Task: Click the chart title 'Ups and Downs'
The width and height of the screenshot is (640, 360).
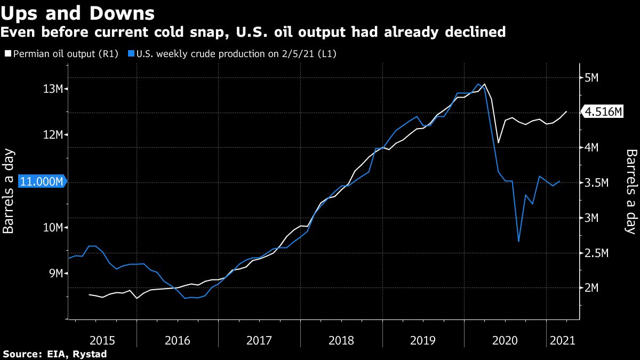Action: click(78, 13)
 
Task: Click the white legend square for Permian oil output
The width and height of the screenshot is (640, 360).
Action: click(7, 54)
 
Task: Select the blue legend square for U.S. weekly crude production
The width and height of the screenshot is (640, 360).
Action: click(131, 54)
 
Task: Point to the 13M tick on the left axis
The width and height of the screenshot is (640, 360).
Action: click(53, 89)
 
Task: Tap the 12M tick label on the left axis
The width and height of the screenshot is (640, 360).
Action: click(53, 135)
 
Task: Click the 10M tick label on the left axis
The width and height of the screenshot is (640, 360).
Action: click(53, 228)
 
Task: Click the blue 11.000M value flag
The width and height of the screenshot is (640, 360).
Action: click(42, 182)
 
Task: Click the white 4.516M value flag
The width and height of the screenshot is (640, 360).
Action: click(603, 112)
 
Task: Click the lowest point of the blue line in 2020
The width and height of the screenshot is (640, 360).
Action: click(518, 241)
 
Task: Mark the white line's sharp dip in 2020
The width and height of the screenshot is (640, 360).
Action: click(498, 142)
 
